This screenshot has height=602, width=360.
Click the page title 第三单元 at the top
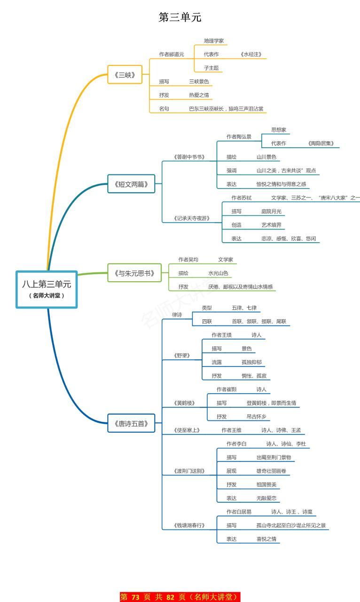click(x=180, y=17)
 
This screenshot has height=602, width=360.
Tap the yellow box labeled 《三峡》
click(x=125, y=74)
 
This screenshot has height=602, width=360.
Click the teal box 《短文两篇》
click(x=131, y=184)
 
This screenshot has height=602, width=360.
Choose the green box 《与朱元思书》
click(x=134, y=273)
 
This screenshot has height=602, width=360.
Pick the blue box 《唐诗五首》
click(x=131, y=424)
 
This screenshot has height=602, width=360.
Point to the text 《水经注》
click(x=250, y=55)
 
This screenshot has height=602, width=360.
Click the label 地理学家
click(x=214, y=41)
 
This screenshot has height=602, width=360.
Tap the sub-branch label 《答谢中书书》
click(x=189, y=157)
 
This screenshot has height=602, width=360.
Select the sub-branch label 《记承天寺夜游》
click(x=191, y=218)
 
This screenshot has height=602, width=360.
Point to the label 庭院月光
click(x=272, y=212)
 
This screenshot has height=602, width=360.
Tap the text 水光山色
click(x=219, y=273)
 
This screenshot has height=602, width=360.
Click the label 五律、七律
click(x=244, y=308)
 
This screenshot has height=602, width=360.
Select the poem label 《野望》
click(x=182, y=356)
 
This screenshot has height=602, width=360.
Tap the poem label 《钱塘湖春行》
click(x=189, y=525)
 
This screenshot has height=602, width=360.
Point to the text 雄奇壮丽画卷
click(x=271, y=471)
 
